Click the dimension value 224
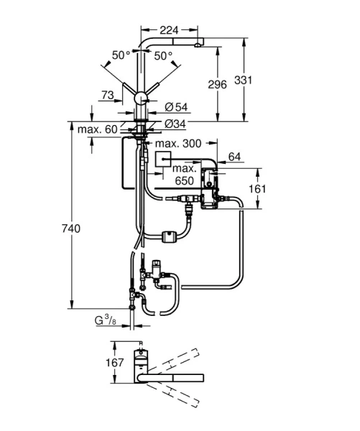click(x=168, y=30)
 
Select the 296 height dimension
click(x=218, y=84)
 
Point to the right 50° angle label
click(x=163, y=55)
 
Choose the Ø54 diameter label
click(x=176, y=107)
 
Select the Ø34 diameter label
click(x=176, y=123)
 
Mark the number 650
click(x=185, y=182)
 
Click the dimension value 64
click(x=234, y=156)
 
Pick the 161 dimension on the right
click(x=275, y=190)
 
